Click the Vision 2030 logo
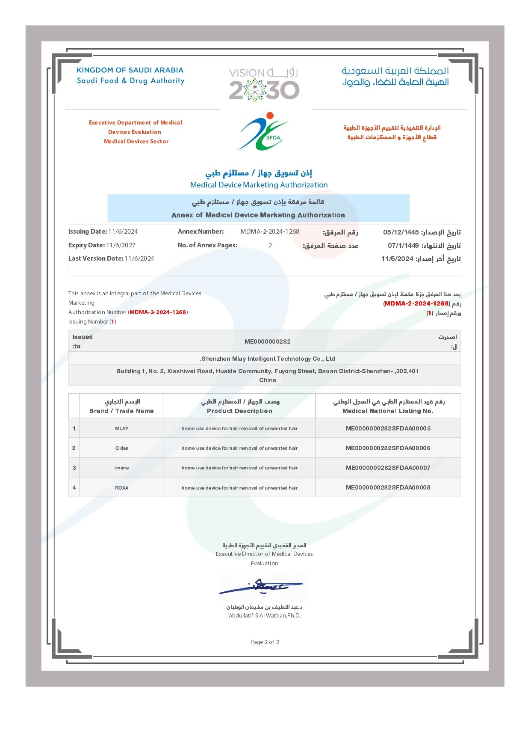264,84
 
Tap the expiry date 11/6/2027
121,245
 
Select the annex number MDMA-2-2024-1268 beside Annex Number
270,232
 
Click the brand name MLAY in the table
122,428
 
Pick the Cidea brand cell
122,448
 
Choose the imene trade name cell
122,468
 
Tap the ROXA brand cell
122,488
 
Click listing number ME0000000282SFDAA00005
388,428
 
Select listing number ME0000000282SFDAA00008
388,487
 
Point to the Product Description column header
239,411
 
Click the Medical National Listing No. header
388,411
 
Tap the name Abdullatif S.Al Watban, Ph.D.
265,616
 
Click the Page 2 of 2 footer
265,642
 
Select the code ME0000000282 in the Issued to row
268,341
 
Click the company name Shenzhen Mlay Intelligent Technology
268,359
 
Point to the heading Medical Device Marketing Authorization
259,185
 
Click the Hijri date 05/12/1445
401,232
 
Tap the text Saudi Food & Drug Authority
130,80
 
